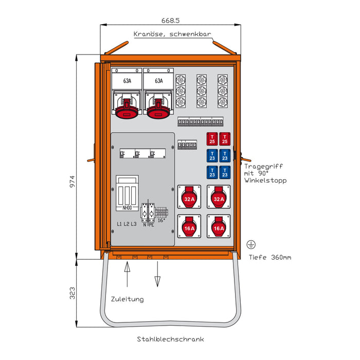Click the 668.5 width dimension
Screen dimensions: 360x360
(171, 21)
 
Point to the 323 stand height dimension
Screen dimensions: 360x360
(73, 293)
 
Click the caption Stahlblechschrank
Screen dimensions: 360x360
(171, 339)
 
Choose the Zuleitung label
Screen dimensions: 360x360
(127, 299)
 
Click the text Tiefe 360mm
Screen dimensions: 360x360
(269, 257)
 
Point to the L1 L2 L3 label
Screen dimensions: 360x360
(127, 224)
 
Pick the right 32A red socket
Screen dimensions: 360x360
(219, 197)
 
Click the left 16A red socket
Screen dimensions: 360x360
(189, 226)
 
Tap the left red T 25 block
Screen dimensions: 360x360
(211, 139)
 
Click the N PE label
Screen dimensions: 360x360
(150, 224)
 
